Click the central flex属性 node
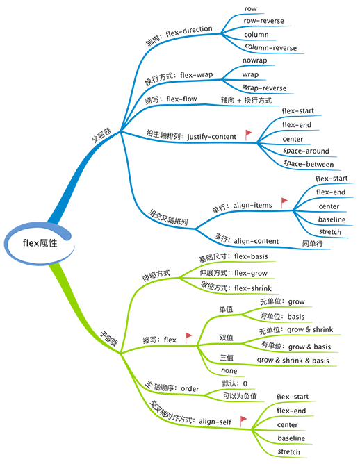pyautogui.click(x=40, y=243)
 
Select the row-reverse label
pyautogui.click(x=263, y=21)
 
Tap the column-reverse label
pyautogui.click(x=270, y=47)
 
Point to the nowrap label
pyautogui.click(x=254, y=60)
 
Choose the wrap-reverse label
pyautogui.click(x=264, y=88)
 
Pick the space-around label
pyautogui.click(x=306, y=151)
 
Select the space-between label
pyautogui.click(x=309, y=164)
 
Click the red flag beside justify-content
pyautogui.click(x=248, y=135)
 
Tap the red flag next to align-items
pyautogui.click(x=284, y=203)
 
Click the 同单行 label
pyautogui.click(x=312, y=244)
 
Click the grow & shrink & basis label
pyautogui.click(x=293, y=360)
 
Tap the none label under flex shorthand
pyautogui.click(x=229, y=370)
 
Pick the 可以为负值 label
pyautogui.click(x=240, y=396)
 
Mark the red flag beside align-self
pyautogui.click(x=243, y=421)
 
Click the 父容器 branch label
pyautogui.click(x=101, y=135)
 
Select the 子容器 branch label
pyautogui.click(x=108, y=338)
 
